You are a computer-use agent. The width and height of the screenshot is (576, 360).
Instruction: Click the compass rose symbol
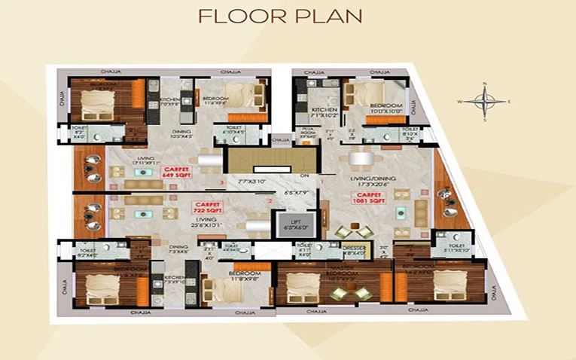click(x=485, y=101)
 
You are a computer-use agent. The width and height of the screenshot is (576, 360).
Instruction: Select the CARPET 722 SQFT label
click(x=206, y=207)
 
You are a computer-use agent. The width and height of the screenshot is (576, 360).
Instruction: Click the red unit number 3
click(x=221, y=182)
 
